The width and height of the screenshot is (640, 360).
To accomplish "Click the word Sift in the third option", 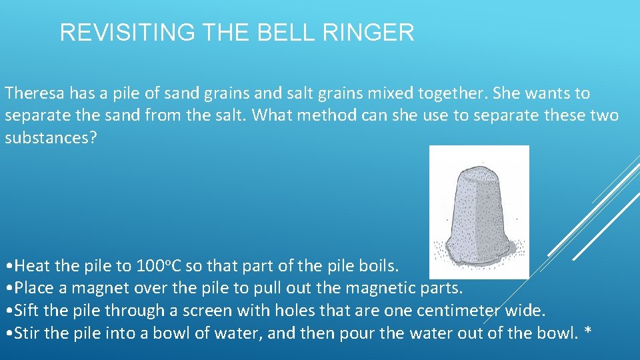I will (x=26, y=311).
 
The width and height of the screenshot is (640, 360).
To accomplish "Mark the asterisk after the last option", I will (x=587, y=333).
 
